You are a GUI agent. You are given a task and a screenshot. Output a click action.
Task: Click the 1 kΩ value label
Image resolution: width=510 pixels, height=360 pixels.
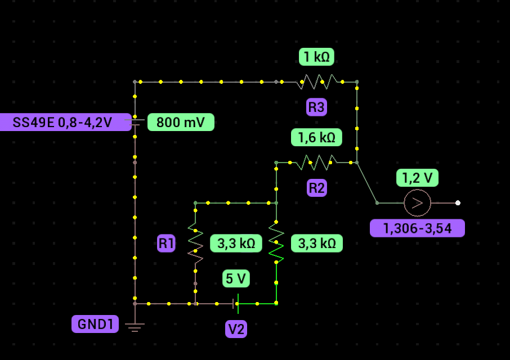316,57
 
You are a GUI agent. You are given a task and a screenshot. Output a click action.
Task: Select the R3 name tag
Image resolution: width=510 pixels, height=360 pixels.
316,107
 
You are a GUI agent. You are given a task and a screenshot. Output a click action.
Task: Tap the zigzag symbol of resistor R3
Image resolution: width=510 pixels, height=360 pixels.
317,82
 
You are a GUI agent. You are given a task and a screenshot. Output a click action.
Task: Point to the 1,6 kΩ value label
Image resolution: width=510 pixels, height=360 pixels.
316,137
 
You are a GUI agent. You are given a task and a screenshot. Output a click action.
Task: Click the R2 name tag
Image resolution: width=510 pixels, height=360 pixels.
316,188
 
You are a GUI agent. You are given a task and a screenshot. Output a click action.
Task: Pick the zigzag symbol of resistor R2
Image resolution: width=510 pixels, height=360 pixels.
317,163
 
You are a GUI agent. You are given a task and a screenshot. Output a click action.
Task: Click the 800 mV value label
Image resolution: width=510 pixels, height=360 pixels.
181,122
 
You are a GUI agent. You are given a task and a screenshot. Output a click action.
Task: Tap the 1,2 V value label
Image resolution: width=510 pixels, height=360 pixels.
417,178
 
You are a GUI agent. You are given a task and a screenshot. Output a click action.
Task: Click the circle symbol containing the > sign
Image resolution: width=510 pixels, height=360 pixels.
417,202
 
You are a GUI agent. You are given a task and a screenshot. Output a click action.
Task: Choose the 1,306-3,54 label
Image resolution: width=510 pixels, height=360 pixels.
417,228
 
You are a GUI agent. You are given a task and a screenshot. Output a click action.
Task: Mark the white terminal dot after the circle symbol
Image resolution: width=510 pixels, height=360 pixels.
458,202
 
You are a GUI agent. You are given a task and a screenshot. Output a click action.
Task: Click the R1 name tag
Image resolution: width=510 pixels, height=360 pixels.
166,244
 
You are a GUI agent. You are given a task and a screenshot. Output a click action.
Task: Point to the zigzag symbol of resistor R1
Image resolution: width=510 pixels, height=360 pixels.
195,244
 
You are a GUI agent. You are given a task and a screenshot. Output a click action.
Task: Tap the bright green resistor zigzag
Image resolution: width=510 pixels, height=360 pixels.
276,244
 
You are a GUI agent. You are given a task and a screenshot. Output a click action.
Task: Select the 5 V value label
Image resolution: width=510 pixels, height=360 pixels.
236,278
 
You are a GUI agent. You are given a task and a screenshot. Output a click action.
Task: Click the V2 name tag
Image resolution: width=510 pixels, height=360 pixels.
236,329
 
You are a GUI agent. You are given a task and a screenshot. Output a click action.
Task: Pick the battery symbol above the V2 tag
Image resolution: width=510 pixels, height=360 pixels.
236,304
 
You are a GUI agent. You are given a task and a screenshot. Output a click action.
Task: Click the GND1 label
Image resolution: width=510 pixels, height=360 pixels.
95,324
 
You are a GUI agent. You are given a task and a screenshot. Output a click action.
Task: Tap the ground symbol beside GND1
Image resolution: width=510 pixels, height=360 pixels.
135,327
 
